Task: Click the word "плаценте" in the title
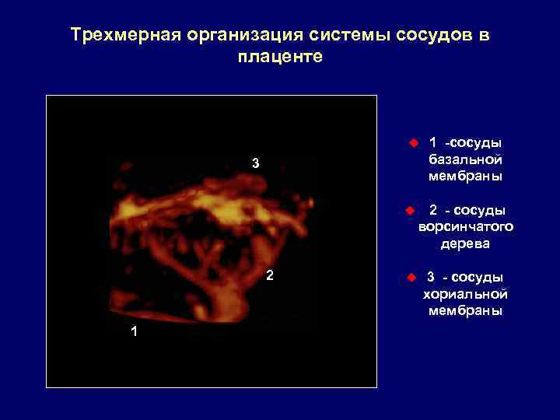point(279,58)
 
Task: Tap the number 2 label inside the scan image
point(269,275)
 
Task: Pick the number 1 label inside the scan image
point(135,331)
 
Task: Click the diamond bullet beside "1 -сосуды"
point(412,142)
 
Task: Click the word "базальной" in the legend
point(465,159)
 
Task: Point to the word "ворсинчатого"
point(465,227)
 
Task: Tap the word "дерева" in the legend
point(465,244)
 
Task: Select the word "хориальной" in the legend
point(465,294)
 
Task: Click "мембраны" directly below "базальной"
point(465,177)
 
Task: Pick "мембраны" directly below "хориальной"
point(465,311)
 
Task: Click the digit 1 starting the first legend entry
point(432,142)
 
